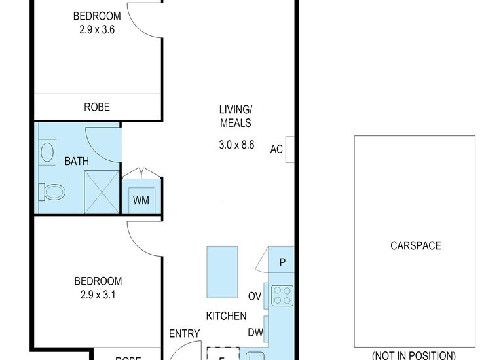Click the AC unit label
coord(276,149)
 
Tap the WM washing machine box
coord(141,200)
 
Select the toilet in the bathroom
coord(52,192)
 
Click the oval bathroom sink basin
coord(48,153)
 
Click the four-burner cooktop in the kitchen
coord(282,295)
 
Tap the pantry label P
coord(282,263)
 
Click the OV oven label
coord(255,297)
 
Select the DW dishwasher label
coord(255,333)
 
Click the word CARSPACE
coord(415,246)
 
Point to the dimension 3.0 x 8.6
coord(236,145)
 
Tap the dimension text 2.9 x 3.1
coord(97,295)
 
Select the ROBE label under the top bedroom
coord(96,107)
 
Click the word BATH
coord(76,161)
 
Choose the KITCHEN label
coord(226,316)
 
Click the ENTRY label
coord(184,334)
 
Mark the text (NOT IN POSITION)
coord(414,355)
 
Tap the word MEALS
coord(236,123)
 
